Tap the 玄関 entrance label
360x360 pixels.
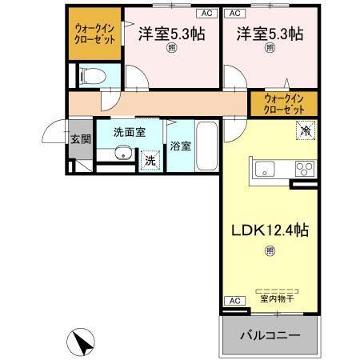[79, 139]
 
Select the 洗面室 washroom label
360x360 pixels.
[129, 132]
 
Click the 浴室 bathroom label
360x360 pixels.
[181, 146]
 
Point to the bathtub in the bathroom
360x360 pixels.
[206, 146]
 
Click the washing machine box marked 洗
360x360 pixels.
[150, 160]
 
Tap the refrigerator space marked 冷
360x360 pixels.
[306, 129]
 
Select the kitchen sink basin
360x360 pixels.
[264, 168]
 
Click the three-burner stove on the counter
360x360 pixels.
[305, 168]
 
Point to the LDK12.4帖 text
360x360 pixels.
[270, 230]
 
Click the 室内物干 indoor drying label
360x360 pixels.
[275, 300]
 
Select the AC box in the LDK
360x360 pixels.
[234, 300]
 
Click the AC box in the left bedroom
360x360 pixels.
[206, 14]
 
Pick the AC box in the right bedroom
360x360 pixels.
[234, 14]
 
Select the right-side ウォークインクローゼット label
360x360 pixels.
[284, 104]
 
